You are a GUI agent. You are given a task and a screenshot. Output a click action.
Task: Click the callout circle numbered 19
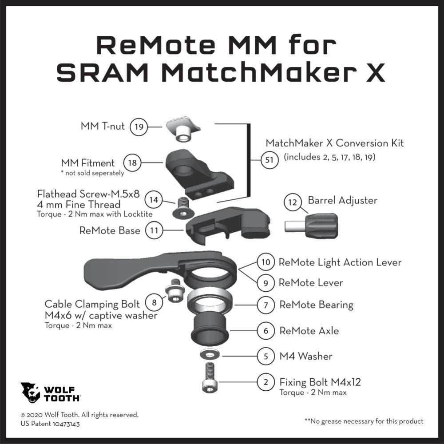pyautogui.click(x=139, y=127)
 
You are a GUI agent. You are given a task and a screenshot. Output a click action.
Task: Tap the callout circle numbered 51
pyautogui.click(x=269, y=160)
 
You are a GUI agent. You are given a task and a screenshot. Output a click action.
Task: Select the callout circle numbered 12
pyautogui.click(x=293, y=202)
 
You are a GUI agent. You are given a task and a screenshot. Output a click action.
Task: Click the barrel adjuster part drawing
pyautogui.click(x=311, y=226)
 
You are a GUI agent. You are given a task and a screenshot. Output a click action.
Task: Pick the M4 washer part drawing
pyautogui.click(x=209, y=354)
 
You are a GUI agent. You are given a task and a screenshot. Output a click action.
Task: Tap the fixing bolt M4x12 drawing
pyautogui.click(x=210, y=377)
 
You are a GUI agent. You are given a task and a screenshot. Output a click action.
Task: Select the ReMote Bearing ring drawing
pyautogui.click(x=210, y=301)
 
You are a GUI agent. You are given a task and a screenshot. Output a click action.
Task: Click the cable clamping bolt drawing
pyautogui.click(x=174, y=290)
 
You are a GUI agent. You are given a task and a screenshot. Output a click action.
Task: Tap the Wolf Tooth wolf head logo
pyautogui.click(x=30, y=393)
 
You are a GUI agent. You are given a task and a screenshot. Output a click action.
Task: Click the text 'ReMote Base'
pyautogui.click(x=110, y=230)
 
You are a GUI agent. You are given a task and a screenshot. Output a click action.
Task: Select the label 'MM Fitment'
pyautogui.click(x=88, y=163)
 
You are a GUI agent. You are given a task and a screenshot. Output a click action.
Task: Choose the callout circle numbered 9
pyautogui.click(x=266, y=283)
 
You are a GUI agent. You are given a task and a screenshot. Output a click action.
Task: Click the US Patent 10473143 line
pyautogui.click(x=50, y=424)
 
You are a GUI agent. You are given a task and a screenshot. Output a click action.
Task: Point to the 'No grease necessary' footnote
pyautogui.click(x=364, y=421)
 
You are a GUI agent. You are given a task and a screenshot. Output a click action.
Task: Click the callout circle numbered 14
pyautogui.click(x=154, y=200)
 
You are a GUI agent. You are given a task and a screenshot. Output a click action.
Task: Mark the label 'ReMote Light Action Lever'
pyautogui.click(x=340, y=262)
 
